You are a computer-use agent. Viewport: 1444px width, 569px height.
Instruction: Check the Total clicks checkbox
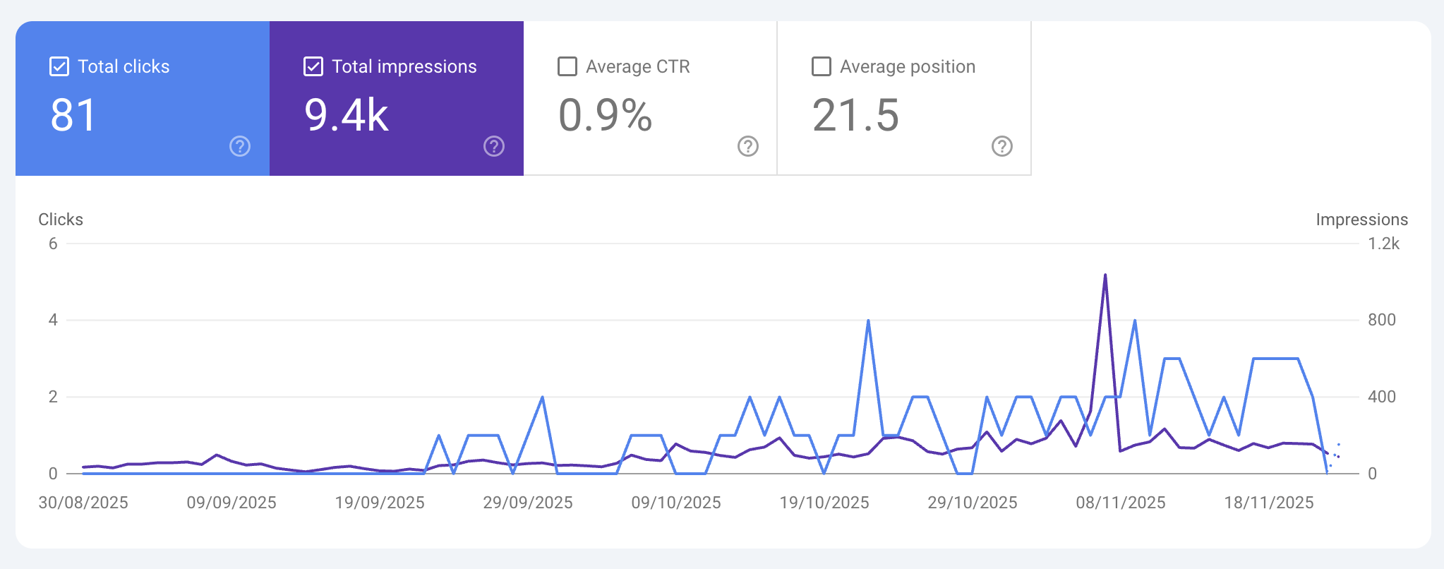[59, 66]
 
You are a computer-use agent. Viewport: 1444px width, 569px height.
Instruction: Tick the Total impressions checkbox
[313, 66]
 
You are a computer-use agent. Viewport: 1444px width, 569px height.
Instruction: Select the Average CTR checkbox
[567, 66]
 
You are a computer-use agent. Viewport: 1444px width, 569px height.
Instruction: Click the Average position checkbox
[822, 66]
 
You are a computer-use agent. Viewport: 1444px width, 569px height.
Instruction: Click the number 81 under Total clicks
[73, 115]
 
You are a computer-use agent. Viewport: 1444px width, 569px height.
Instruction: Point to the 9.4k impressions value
[347, 115]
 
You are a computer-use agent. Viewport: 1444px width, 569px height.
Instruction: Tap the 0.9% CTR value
[605, 115]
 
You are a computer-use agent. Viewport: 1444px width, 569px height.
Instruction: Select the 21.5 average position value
[855, 115]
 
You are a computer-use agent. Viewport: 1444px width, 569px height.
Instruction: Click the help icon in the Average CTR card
[748, 146]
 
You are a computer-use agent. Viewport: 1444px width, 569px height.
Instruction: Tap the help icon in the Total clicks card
[240, 146]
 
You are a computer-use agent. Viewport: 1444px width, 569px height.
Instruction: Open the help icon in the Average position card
[1002, 146]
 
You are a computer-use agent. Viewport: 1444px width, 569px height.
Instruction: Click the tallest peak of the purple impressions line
[1105, 275]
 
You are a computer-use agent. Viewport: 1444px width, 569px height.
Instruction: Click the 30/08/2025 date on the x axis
[83, 503]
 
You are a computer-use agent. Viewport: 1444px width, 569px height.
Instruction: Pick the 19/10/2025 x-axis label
[824, 503]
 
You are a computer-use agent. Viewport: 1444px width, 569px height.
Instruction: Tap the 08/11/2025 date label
[1121, 503]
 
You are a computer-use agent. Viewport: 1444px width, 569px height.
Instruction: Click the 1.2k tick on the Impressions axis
[1383, 244]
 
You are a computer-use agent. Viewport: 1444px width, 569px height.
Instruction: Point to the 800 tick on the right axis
[1381, 320]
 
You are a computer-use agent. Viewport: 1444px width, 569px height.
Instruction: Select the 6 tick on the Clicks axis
[53, 244]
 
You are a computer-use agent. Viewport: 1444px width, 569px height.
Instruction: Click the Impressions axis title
[1361, 220]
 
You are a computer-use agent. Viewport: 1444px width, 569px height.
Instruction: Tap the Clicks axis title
[61, 220]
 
